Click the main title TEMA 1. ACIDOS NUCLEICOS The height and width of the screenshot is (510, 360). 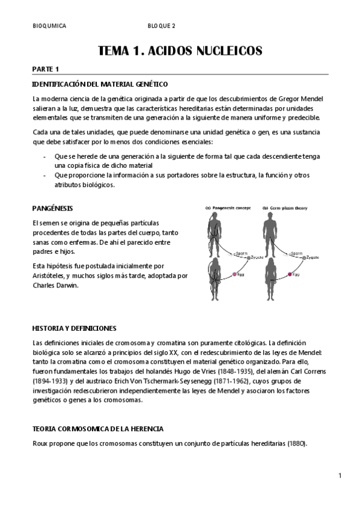pyautogui.click(x=180, y=51)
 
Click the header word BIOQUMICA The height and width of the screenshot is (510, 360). pyautogui.click(x=49, y=26)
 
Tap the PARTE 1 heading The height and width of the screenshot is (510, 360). pyautogui.click(x=46, y=69)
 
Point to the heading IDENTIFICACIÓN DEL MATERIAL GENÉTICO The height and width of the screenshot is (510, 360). pyautogui.click(x=100, y=84)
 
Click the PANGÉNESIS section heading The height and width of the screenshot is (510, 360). pyautogui.click(x=52, y=208)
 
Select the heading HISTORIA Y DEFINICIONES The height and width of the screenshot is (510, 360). pyautogui.click(x=74, y=328)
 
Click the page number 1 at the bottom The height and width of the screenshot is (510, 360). pyautogui.click(x=340, y=476)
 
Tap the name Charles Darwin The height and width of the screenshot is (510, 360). pyautogui.click(x=55, y=286)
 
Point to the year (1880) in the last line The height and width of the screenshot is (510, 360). pyautogui.click(x=296, y=444)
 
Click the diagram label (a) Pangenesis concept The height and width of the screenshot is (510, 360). pyautogui.click(x=227, y=208)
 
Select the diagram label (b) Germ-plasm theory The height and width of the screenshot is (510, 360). pyautogui.click(x=285, y=208)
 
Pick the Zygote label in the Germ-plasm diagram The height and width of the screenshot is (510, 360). pyautogui.click(x=313, y=257)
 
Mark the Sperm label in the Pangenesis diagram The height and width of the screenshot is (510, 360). pyautogui.click(x=241, y=253)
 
